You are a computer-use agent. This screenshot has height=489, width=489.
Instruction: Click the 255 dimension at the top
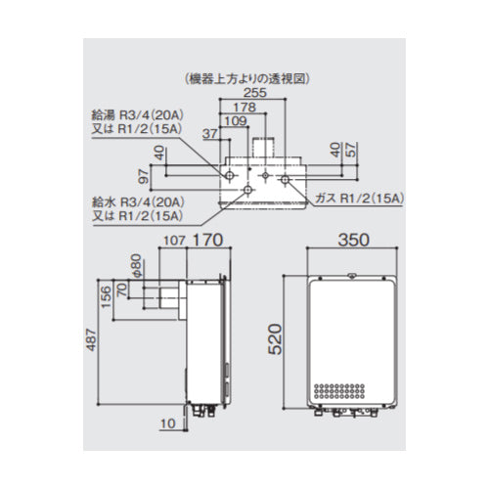coord(255,93)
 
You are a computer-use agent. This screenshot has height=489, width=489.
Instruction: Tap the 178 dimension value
coord(244,108)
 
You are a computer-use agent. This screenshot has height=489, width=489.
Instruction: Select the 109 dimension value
coord(237,121)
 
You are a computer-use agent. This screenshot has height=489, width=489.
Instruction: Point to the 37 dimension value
coord(210,134)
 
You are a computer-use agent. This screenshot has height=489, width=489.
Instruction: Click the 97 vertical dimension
coord(144,177)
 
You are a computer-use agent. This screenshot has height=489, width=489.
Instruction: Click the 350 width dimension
coord(353,240)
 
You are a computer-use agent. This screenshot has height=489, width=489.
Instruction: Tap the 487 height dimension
coord(91,340)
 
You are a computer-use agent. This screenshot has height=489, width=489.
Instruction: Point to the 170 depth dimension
coord(207,241)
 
